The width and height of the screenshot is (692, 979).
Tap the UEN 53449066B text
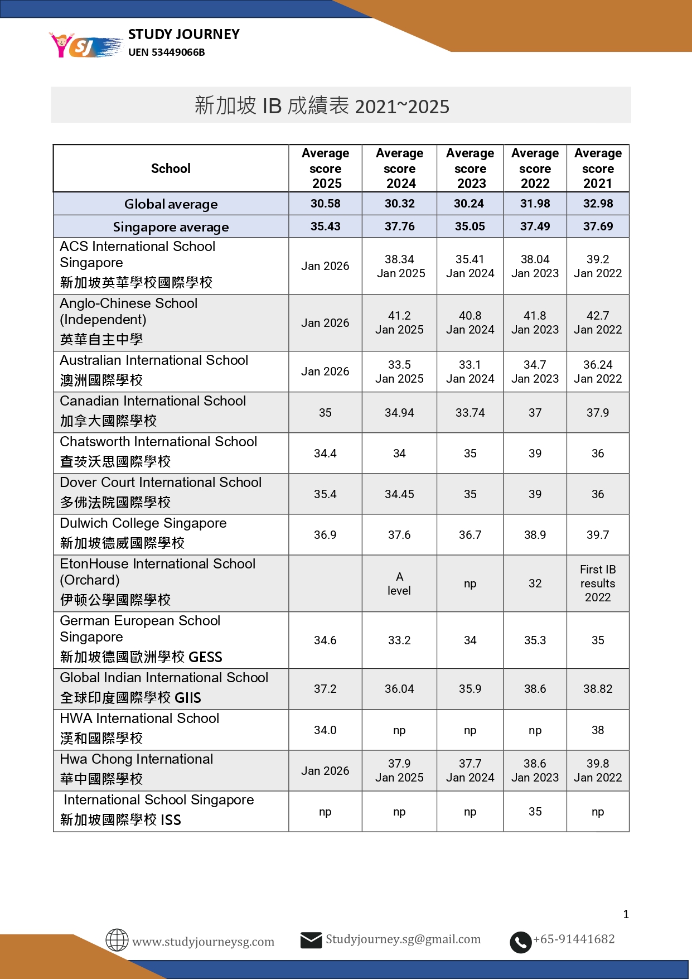click(166, 52)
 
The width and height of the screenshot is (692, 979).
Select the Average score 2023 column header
click(470, 168)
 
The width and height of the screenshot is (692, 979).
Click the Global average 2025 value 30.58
click(325, 204)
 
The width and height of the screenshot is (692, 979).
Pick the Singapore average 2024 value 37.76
click(399, 226)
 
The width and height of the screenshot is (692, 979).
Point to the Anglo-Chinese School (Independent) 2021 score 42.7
click(597, 316)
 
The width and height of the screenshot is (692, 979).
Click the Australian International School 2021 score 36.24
click(597, 365)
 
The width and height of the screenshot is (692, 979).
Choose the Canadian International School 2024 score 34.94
click(399, 413)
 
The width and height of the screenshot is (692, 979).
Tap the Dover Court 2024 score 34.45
click(399, 494)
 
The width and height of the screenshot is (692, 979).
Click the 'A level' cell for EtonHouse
click(399, 583)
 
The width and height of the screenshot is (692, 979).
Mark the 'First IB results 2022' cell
click(597, 583)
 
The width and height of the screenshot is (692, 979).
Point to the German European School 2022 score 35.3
click(535, 640)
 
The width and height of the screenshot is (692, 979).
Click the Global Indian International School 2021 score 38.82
click(597, 689)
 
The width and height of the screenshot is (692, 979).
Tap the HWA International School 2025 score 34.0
click(325, 730)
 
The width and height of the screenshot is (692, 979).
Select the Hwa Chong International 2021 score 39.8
click(597, 764)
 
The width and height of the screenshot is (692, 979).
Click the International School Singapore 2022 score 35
click(535, 812)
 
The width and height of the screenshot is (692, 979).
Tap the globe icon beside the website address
click(117, 940)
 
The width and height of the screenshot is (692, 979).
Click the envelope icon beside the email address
click(311, 940)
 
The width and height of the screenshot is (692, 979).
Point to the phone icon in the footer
click(520, 942)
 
